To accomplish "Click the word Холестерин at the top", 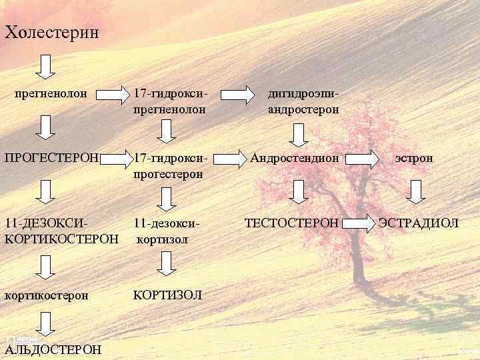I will point(51,31).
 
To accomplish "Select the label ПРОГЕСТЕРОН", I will point(51,158).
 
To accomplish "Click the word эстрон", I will point(413,158).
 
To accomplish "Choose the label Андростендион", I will point(295,158).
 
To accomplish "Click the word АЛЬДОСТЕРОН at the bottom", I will point(53,349).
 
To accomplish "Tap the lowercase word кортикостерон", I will point(46,295).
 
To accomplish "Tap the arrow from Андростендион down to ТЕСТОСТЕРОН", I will point(299,191).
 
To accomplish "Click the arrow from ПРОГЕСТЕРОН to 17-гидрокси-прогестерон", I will point(119,159).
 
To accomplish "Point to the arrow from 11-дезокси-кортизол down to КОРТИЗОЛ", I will point(165,261).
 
